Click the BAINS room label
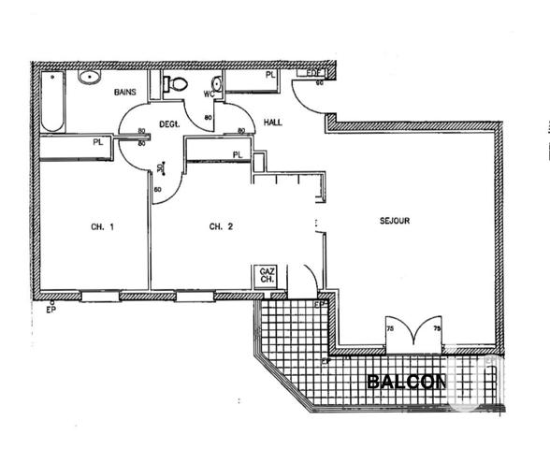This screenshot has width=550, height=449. (x=126, y=93)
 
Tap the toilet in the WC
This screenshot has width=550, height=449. (x=174, y=84)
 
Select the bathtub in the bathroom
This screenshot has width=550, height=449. (x=51, y=103)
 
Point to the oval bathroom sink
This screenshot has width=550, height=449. (x=90, y=78)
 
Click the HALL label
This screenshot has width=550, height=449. (x=273, y=123)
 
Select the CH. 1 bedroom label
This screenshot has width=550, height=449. (x=102, y=226)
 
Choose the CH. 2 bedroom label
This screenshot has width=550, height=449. (x=220, y=226)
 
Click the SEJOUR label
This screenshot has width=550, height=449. (x=395, y=221)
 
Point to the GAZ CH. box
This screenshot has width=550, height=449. (x=267, y=274)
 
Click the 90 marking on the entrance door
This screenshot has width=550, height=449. (x=319, y=83)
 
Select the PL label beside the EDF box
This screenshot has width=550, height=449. (x=269, y=75)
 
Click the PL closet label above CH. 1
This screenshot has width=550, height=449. (x=97, y=142)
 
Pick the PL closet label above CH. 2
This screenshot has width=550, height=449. (x=238, y=154)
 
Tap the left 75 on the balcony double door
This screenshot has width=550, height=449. (x=392, y=329)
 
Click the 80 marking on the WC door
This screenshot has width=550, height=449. (x=207, y=118)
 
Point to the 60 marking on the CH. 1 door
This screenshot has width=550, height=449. (x=157, y=190)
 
